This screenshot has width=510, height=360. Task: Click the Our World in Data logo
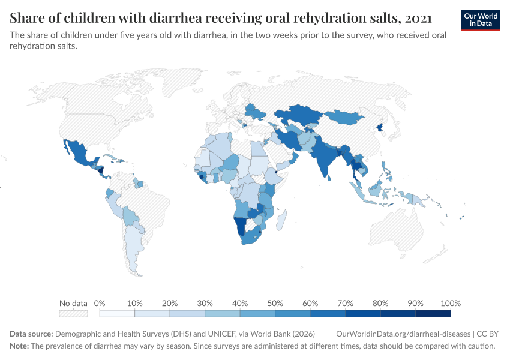[x=481, y=20]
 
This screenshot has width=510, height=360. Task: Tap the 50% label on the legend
[x=275, y=303]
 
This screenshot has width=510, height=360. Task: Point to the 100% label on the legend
[x=450, y=303]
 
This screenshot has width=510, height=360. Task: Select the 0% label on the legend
[x=100, y=303]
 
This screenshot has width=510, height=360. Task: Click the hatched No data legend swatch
[x=73, y=313]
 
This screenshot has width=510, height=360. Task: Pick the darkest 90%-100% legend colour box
[x=433, y=313]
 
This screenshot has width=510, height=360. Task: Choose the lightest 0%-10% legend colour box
[x=117, y=313]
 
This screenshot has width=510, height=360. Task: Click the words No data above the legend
[x=73, y=303]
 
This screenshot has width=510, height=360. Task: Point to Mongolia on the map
[x=344, y=117]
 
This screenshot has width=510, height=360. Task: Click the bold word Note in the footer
[x=19, y=346]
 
